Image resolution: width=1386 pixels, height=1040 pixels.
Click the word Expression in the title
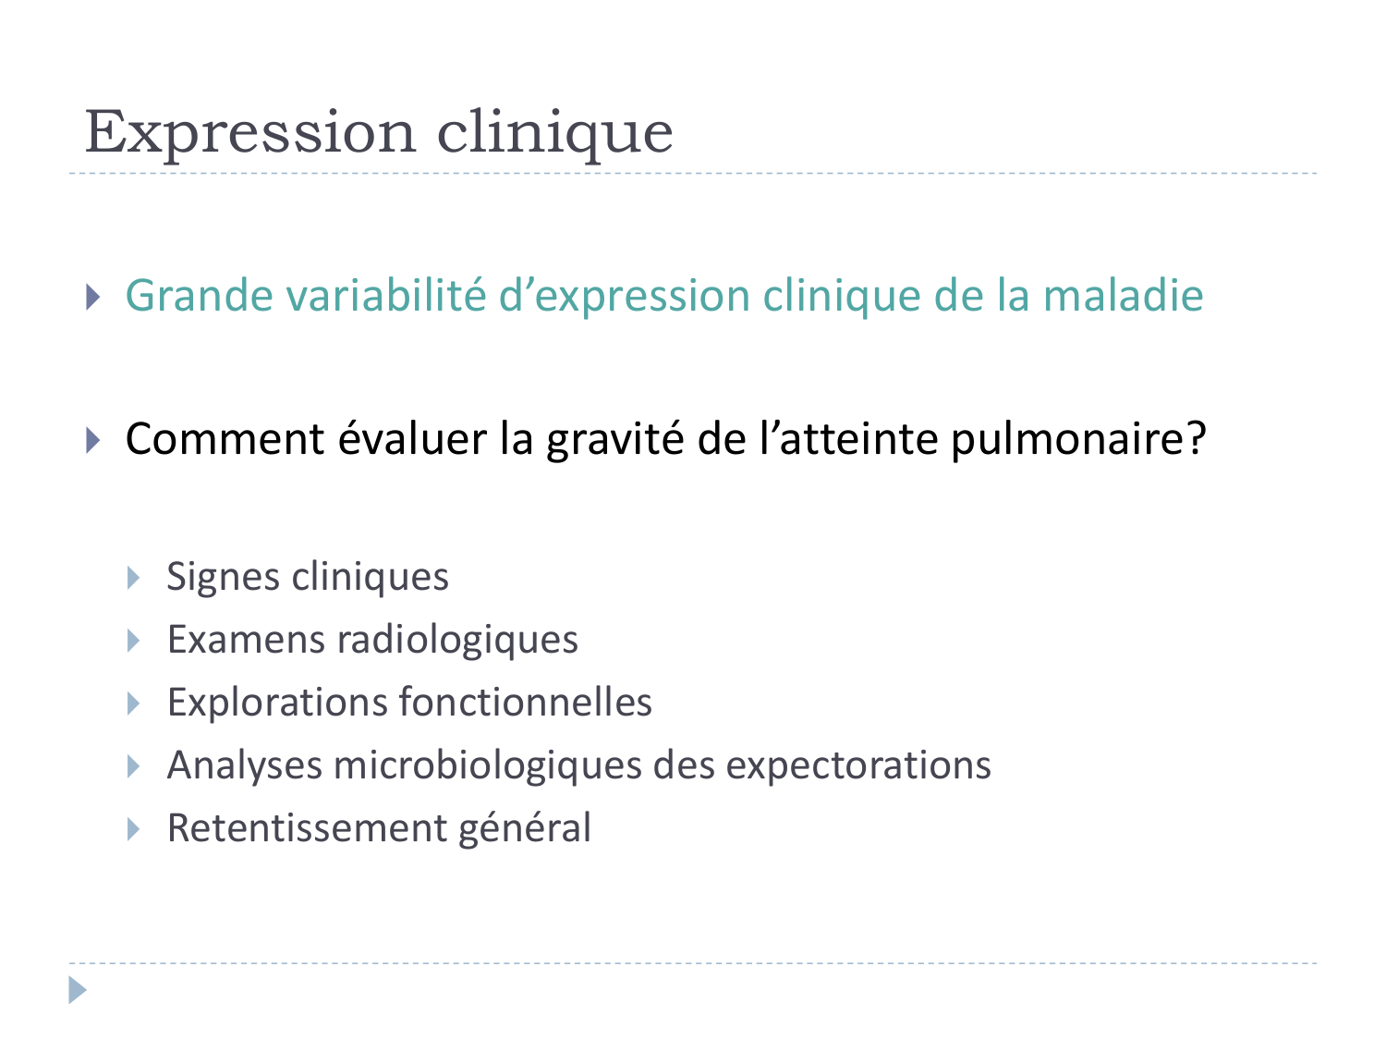click(x=249, y=132)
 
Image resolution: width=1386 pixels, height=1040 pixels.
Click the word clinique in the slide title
click(x=554, y=132)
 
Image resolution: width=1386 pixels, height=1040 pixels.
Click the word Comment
click(x=225, y=438)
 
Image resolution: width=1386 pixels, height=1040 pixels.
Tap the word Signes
click(x=224, y=578)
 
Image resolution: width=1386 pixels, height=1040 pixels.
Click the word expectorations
click(x=858, y=765)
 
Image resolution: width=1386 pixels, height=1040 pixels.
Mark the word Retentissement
click(x=306, y=828)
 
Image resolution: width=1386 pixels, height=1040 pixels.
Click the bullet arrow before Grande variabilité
click(x=92, y=297)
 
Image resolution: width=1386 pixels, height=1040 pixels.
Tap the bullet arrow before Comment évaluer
click(x=92, y=439)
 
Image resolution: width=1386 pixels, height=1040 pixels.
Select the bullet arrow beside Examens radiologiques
click(x=134, y=641)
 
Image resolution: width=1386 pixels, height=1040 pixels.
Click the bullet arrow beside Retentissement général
click(x=134, y=829)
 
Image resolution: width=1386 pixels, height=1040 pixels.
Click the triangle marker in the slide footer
click(x=78, y=991)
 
